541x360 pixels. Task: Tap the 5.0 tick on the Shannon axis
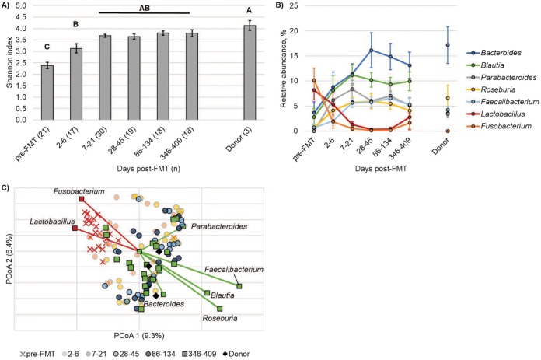click(x=23, y=5)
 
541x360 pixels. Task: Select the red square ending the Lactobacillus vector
click(x=75, y=229)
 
